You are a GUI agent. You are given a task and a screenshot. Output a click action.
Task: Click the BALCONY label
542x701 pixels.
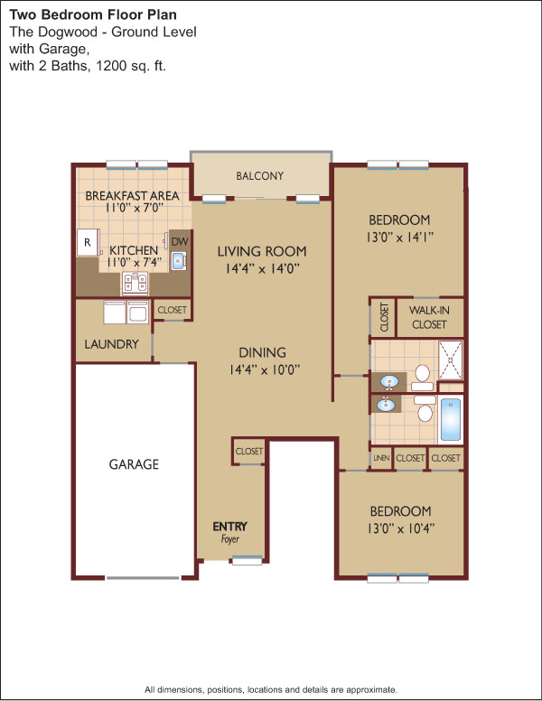[x=260, y=175]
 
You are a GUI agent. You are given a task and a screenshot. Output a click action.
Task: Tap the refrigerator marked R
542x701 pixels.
[x=89, y=242]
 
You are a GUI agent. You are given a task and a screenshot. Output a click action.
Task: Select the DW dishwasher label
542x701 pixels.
[x=180, y=242]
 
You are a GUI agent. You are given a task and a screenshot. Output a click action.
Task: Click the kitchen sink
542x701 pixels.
[x=179, y=261]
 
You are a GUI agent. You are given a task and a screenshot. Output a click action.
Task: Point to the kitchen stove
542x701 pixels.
[x=135, y=284]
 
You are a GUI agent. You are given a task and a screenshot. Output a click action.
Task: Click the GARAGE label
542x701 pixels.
[x=134, y=464]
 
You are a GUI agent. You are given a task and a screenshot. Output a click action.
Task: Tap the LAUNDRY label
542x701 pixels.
[x=111, y=344]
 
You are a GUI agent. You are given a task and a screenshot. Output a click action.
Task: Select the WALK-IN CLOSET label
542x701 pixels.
[x=429, y=317]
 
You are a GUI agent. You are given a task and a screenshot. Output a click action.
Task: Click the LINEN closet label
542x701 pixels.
[x=381, y=458]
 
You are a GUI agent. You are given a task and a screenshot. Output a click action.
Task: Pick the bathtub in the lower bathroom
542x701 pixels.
[x=451, y=419]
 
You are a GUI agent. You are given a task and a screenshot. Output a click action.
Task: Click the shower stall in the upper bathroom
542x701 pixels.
[x=451, y=360]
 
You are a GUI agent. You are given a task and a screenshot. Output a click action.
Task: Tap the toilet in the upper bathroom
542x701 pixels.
[x=422, y=378]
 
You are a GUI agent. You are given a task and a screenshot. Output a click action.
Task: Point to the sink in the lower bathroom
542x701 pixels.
[x=386, y=405]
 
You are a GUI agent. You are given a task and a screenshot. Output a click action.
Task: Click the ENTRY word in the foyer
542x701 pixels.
[x=229, y=526]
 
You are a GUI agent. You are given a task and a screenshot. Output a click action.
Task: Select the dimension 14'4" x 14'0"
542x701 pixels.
[x=262, y=268]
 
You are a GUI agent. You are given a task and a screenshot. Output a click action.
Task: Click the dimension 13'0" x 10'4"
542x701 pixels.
[x=401, y=528]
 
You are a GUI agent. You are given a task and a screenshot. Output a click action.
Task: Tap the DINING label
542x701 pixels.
[x=263, y=352]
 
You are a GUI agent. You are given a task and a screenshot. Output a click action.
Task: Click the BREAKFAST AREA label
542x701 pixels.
[x=133, y=196]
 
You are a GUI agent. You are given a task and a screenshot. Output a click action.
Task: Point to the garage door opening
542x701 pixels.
[x=143, y=578]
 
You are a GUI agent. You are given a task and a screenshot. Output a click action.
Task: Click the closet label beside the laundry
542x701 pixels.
[x=173, y=309]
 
